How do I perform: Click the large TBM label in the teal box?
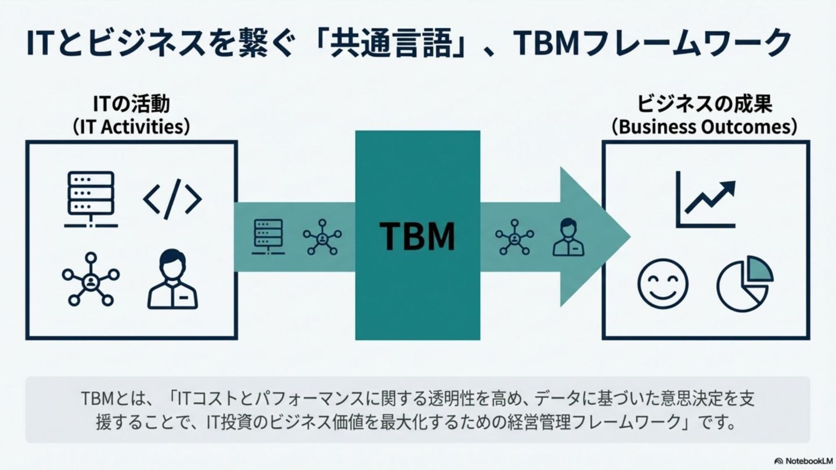(x=417, y=236)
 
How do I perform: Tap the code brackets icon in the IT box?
(x=172, y=200)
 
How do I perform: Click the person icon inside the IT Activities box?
(x=172, y=280)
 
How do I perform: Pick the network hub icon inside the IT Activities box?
(x=91, y=280)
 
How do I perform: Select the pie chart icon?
(x=745, y=283)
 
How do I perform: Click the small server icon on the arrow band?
(x=268, y=237)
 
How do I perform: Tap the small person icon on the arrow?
(x=568, y=237)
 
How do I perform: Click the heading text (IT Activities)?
(x=132, y=127)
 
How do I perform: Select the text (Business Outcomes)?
(x=704, y=127)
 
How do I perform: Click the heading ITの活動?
(x=132, y=104)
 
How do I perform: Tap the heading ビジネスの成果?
(x=704, y=104)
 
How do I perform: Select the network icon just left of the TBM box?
(x=322, y=237)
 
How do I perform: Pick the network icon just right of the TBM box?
(x=514, y=237)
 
